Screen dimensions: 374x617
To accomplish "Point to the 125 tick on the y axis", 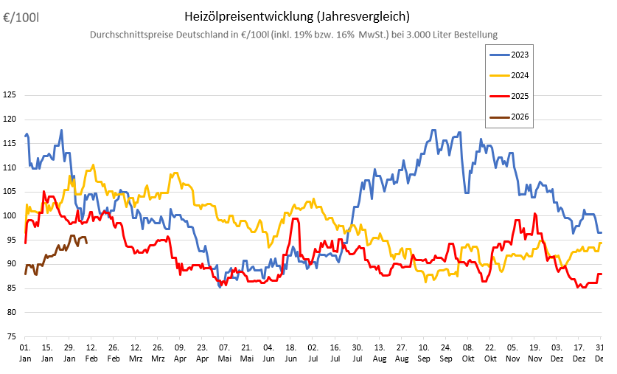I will point(10,94).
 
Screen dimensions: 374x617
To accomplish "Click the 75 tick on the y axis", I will point(12,336).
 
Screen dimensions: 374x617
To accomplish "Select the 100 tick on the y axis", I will point(10,215).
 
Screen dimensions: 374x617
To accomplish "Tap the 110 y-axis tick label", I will point(10,167).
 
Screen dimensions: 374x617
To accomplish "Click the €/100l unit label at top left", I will point(21,16).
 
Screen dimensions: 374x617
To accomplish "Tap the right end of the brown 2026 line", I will point(87,242).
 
